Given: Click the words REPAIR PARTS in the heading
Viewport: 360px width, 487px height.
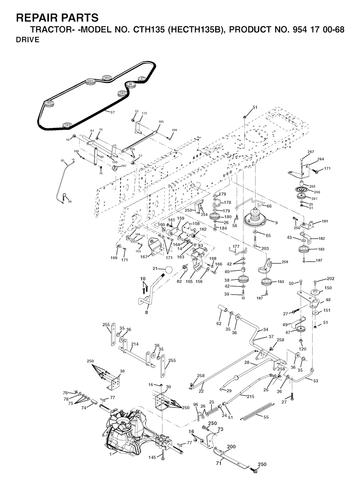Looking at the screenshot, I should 57,18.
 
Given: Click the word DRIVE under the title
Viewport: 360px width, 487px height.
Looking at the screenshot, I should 28,40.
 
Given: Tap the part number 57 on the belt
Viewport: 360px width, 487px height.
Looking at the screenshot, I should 112,112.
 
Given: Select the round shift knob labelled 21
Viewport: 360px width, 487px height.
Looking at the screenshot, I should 169,270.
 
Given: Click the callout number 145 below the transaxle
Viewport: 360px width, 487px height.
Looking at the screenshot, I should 152,457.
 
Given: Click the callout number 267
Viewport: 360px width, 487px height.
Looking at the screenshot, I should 310,152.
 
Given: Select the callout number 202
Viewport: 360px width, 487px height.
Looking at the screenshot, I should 330,279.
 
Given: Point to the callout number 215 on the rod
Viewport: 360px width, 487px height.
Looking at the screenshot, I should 250,396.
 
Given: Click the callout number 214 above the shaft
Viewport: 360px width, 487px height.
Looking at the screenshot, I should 135,344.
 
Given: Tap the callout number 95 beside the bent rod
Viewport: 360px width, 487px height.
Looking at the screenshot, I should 63,161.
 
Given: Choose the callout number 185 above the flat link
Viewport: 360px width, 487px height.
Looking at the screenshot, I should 161,122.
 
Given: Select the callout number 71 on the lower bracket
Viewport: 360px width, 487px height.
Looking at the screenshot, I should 219,463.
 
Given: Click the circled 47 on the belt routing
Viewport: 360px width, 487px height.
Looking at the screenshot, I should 142,78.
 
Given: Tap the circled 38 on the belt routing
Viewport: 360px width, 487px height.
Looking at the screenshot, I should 130,84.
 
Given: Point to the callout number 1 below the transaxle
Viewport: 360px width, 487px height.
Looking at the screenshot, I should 111,454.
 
